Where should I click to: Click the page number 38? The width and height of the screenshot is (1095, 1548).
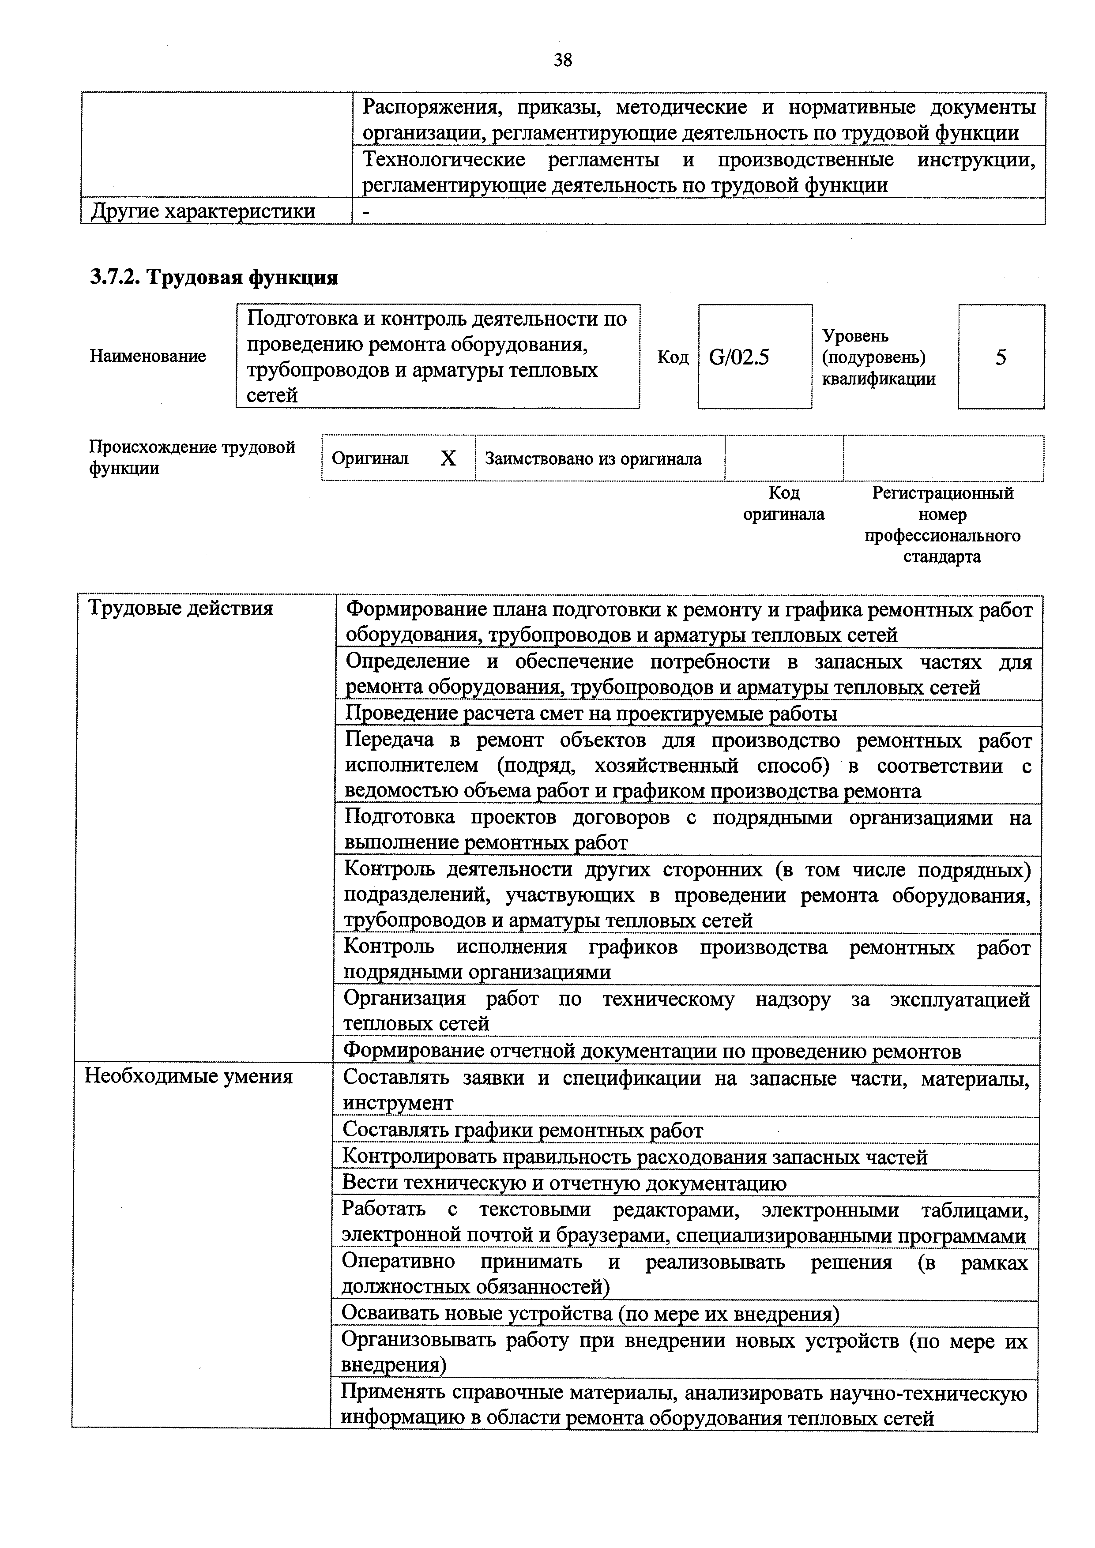pyautogui.click(x=562, y=61)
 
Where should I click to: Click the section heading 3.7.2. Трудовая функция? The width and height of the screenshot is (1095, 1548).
pyautogui.click(x=214, y=277)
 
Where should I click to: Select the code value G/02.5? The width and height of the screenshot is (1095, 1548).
pyautogui.click(x=739, y=357)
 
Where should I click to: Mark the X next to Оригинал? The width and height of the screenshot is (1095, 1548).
pyautogui.click(x=448, y=458)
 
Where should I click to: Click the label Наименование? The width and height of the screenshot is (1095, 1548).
pyautogui.click(x=148, y=356)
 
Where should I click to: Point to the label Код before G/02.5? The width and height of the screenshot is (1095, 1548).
pyautogui.click(x=672, y=357)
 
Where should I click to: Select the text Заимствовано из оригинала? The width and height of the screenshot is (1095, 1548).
pyautogui.click(x=593, y=458)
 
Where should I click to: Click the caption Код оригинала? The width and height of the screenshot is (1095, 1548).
pyautogui.click(x=783, y=503)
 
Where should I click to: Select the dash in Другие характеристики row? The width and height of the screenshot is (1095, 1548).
pyautogui.click(x=366, y=211)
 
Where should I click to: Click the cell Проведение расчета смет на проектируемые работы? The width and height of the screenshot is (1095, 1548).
pyautogui.click(x=591, y=713)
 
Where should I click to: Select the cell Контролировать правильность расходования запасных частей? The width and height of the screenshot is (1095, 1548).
pyautogui.click(x=635, y=1156)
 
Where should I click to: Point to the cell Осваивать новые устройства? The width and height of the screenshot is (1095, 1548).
pyautogui.click(x=590, y=1313)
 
